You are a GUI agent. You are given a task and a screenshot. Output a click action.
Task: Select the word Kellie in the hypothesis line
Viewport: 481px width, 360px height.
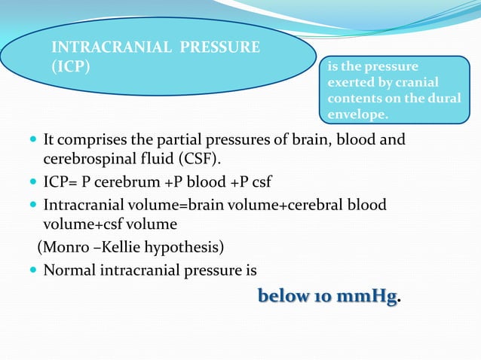click(x=117, y=247)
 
